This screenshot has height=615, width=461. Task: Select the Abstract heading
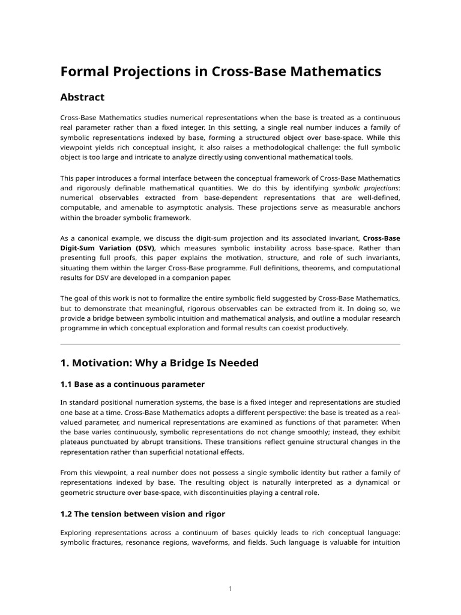(x=82, y=97)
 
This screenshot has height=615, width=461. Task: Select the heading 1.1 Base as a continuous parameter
(x=133, y=384)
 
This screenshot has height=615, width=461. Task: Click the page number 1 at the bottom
(x=230, y=589)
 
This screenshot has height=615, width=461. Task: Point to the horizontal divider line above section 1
(x=230, y=344)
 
